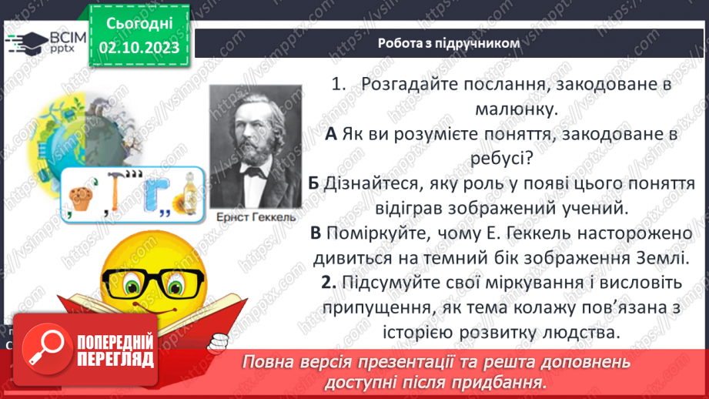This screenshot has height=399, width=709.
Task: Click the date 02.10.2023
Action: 139,49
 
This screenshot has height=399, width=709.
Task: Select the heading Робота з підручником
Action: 449,44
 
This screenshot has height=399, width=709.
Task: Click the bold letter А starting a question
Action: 332,135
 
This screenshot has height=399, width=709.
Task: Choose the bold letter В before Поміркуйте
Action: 316,233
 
